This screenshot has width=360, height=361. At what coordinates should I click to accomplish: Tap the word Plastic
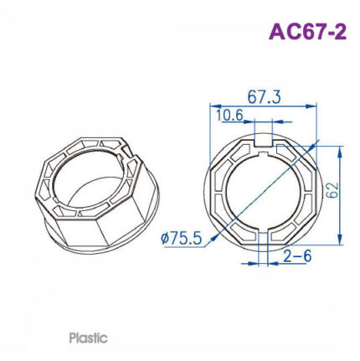coord(88,338)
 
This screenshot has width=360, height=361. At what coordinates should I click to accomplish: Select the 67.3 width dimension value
coord(264,97)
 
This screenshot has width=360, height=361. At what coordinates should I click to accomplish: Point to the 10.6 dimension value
coord(229,115)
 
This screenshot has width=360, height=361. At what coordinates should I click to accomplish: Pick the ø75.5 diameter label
coord(181,239)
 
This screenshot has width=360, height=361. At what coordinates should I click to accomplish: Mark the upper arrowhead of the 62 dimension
coord(341,150)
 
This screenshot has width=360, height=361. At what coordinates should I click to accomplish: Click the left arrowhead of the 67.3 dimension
coord(212,106)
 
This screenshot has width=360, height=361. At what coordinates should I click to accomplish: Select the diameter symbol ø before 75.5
coord(164,240)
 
